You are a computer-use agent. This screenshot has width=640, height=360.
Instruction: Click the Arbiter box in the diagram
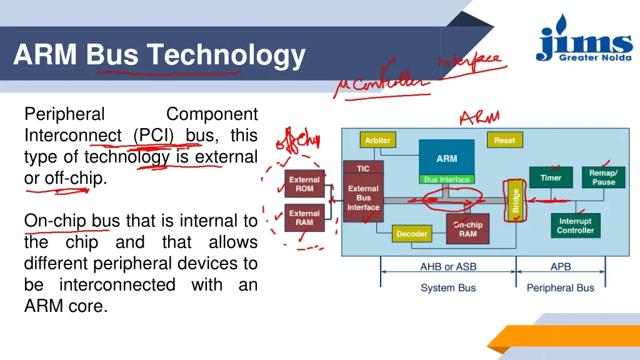[x=377, y=141]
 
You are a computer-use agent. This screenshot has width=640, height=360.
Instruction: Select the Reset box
[x=504, y=141]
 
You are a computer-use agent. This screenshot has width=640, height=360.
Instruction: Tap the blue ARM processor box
[x=446, y=158]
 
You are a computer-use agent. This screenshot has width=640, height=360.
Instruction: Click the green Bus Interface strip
[x=446, y=179]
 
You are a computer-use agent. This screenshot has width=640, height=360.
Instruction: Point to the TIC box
[x=363, y=168]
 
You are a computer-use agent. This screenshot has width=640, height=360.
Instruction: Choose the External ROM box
[x=304, y=184]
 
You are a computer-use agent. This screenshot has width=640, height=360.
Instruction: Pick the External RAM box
[x=304, y=218]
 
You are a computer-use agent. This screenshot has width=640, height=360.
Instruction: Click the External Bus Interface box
[x=363, y=197]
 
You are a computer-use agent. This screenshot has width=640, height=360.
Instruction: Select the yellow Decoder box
[x=412, y=234]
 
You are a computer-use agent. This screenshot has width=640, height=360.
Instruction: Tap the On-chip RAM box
[x=467, y=229]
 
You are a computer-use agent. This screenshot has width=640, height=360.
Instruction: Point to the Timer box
[x=551, y=177]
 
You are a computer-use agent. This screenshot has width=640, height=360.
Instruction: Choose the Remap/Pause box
[x=603, y=177]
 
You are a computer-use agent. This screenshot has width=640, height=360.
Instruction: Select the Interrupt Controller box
[x=575, y=226]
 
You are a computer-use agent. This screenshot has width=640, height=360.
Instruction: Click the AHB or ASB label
[x=448, y=267]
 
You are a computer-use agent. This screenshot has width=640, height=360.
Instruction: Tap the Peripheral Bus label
[x=560, y=288]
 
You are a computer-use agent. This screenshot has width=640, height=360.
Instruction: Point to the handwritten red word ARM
[x=479, y=117]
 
